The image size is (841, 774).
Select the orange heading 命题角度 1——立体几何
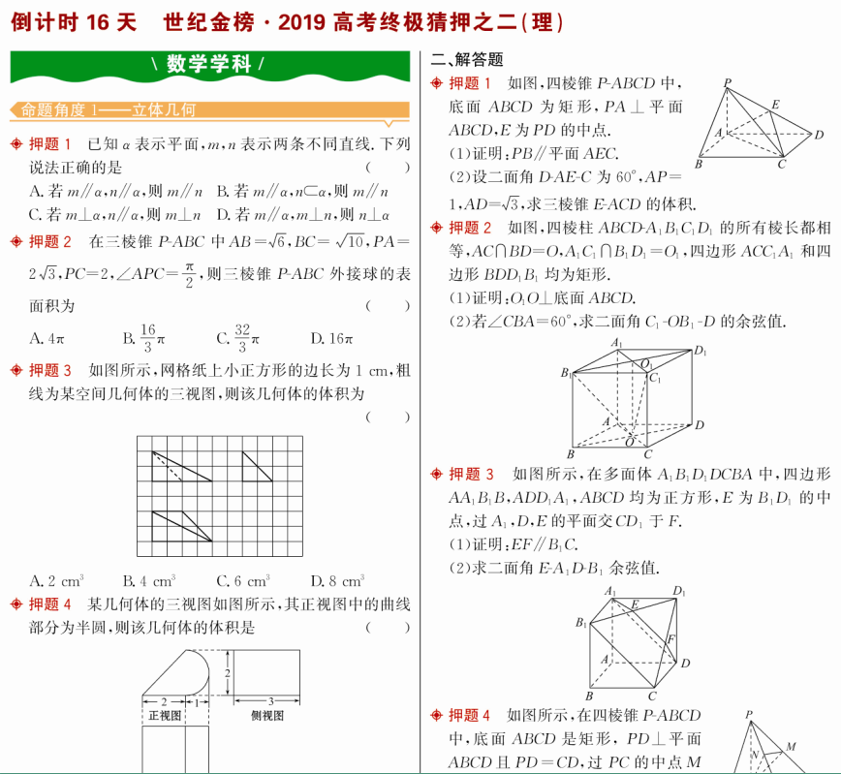[109, 110]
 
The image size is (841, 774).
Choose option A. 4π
[47, 339]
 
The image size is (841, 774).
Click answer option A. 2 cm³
[57, 581]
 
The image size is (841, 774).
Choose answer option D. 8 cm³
[337, 581]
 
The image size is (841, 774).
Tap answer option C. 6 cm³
[243, 581]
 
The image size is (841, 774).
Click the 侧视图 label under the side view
[267, 716]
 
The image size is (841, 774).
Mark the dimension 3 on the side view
[270, 700]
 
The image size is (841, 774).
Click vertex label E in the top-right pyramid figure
[775, 105]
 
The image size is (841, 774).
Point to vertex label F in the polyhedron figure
[670, 639]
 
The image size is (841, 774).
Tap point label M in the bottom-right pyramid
[792, 746]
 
